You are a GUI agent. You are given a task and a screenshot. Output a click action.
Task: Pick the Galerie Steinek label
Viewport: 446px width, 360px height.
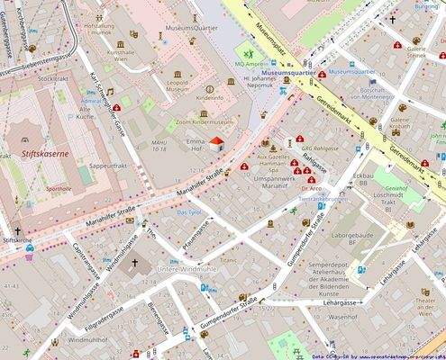pos(415,55)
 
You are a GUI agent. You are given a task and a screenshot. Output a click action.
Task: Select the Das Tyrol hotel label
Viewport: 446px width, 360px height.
pos(187,212)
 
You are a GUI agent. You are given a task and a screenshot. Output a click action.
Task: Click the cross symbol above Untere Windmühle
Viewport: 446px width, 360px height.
pos(135,264)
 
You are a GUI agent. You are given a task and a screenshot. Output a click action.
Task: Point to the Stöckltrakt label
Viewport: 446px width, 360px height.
pos(53,79)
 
